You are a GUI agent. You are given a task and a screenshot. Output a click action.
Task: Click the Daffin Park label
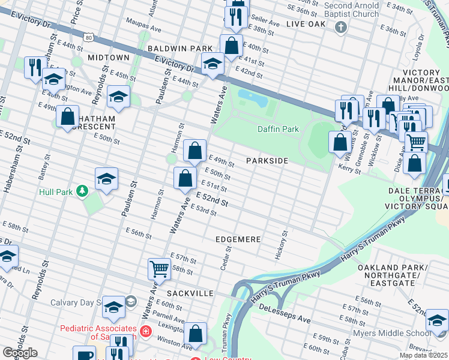pyautogui.click(x=278, y=129)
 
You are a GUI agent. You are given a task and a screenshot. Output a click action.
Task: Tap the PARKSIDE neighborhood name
pyautogui.click(x=267, y=161)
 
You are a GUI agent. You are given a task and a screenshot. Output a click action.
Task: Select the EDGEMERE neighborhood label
pyautogui.click(x=238, y=239)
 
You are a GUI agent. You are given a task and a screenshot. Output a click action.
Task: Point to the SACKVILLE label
pyautogui.click(x=190, y=293)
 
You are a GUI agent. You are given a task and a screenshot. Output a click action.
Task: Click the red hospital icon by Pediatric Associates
pyautogui.click(x=145, y=331)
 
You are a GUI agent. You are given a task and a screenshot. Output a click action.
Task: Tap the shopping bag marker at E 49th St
pyautogui.click(x=194, y=152)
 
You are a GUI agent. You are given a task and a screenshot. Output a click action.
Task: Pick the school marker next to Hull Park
pyautogui.click(x=106, y=179)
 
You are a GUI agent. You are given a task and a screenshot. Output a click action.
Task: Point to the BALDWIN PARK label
pyautogui.click(x=176, y=48)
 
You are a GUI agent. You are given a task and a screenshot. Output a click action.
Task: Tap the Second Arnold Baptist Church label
pyautogui.click(x=351, y=9)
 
